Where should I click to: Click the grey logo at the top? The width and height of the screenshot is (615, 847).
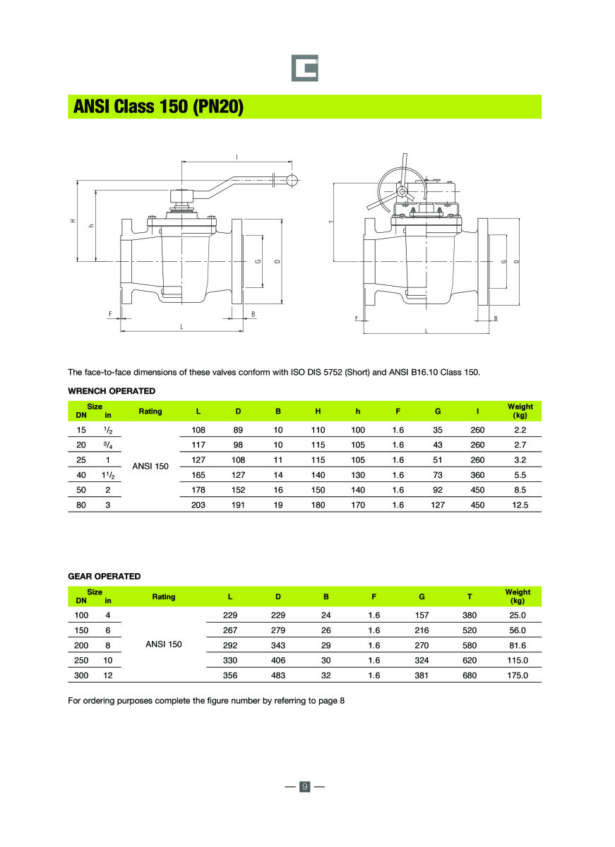coord(305,68)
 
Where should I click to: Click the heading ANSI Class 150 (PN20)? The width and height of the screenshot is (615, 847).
coord(159,107)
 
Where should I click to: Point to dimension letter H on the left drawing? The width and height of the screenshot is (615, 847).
coord(72,222)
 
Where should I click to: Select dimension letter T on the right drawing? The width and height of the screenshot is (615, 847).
coord(330,222)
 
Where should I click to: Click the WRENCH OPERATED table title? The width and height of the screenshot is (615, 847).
coord(112,390)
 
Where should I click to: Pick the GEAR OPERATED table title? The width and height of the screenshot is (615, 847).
coord(104,576)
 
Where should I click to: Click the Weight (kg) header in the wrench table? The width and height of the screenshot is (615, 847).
coord(520,411)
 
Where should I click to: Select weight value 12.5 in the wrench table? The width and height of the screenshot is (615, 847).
coord(520,505)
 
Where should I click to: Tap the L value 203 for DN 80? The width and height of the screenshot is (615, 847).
coord(198,505)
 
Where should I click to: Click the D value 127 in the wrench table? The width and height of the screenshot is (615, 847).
coord(239,475)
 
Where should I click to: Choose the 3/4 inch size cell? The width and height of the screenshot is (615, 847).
coord(108,445)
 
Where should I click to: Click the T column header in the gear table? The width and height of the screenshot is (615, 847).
coord(470,596)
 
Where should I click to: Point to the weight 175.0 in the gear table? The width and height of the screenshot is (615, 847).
coord(518,675)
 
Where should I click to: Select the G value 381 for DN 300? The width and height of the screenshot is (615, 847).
coord(422,675)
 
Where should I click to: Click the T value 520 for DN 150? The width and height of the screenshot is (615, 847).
coord(470,630)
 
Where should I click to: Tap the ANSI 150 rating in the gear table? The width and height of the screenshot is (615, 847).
coord(163,644)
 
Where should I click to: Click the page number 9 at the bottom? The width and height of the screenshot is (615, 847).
coord(305,786)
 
